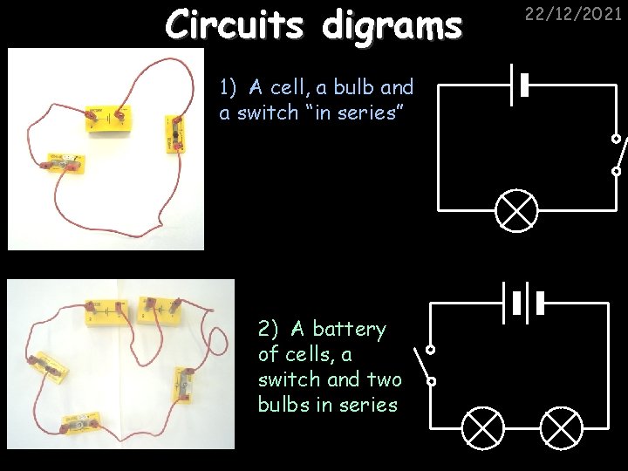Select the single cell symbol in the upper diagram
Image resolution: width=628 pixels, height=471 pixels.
[x=520, y=85]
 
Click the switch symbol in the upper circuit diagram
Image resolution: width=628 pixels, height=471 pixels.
[x=617, y=155]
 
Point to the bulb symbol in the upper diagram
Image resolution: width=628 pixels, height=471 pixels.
[x=516, y=209]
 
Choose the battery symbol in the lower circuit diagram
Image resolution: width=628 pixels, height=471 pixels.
[x=522, y=303]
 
